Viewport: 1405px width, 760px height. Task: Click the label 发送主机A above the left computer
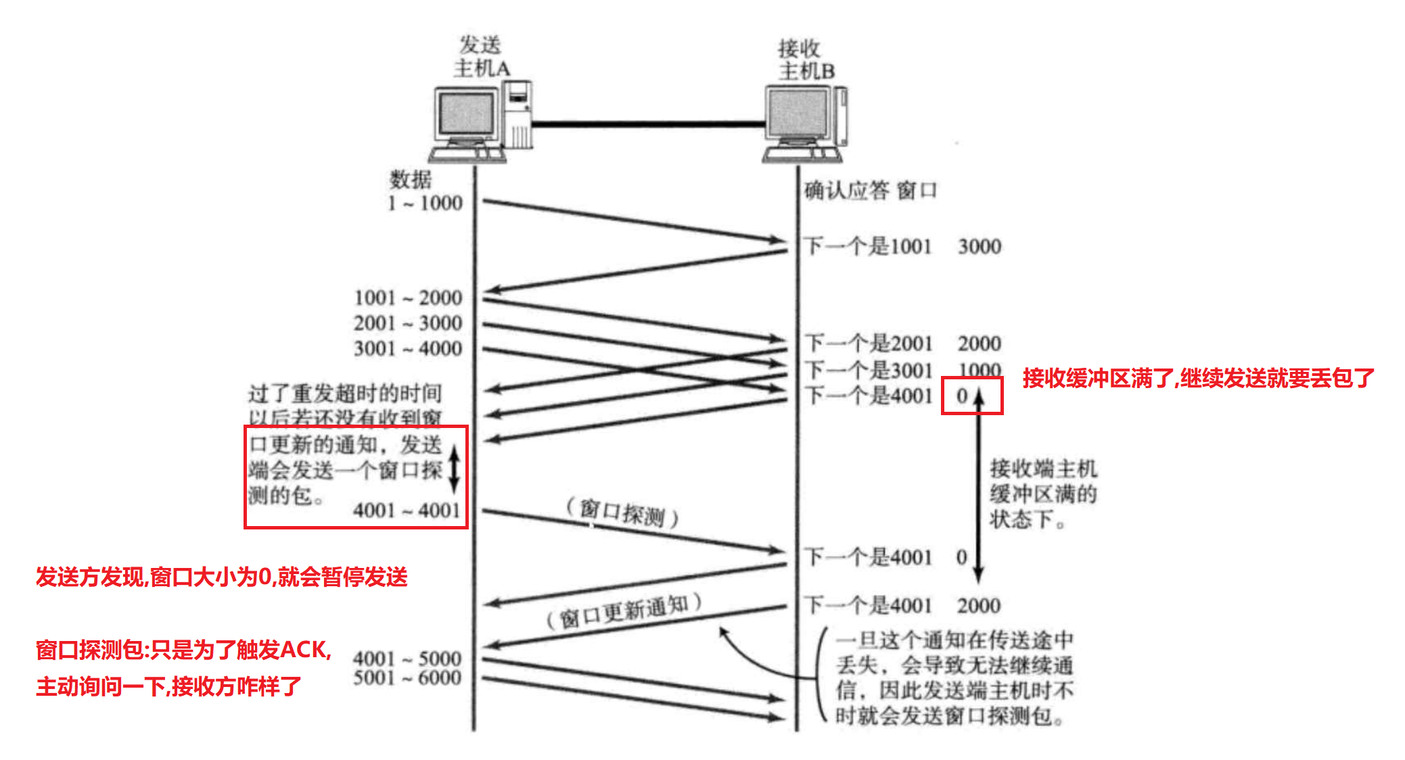pos(481,57)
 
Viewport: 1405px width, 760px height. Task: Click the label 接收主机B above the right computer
pos(805,60)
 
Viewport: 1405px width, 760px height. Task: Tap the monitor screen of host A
pos(466,114)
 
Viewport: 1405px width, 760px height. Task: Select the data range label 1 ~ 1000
pos(425,203)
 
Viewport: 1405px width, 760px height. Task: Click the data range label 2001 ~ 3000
pos(408,323)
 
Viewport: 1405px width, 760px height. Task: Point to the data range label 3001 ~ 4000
pos(408,349)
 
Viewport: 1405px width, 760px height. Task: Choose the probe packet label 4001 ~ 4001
pos(407,510)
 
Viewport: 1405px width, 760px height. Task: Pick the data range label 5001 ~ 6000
pos(407,678)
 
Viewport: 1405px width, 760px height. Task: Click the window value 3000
pos(979,247)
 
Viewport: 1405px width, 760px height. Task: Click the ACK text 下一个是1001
pos(869,247)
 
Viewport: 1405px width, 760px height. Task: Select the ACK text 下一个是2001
pos(869,343)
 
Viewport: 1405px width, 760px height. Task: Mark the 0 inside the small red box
pos(962,396)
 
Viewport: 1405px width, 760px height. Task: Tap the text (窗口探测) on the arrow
pos(623,513)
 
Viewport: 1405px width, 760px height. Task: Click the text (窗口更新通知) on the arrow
pos(624,611)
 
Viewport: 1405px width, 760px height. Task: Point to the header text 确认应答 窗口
pos(870,191)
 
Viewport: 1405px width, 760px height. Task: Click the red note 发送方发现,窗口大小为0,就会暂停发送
pos(222,577)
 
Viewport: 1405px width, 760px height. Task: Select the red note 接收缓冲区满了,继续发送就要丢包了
pos(1198,378)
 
